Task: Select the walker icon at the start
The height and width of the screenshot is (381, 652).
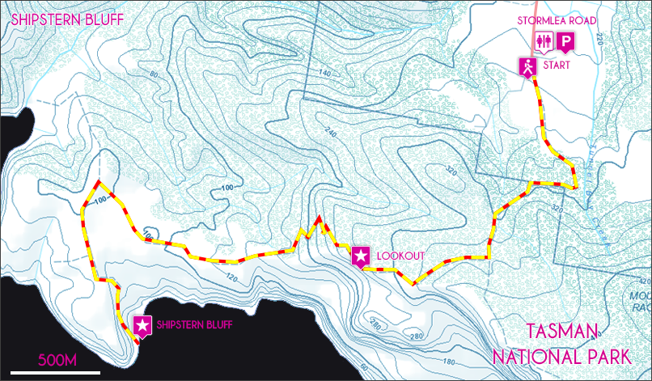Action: (528, 68)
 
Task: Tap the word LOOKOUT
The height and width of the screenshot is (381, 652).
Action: (400, 256)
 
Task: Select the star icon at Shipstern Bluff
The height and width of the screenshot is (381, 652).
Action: (142, 326)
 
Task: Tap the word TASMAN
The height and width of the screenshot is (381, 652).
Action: (562, 332)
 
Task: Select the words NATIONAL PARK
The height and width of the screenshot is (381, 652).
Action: (560, 357)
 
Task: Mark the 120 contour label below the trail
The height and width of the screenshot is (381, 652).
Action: (234, 277)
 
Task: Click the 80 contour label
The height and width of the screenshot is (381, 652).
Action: (155, 76)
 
